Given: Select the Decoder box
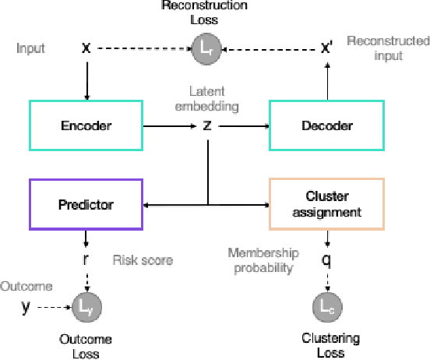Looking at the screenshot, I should (x=326, y=125).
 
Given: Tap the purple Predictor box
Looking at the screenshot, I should (x=86, y=205).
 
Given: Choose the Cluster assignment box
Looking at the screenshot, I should (x=326, y=205).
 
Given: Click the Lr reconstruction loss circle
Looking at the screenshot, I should (x=205, y=48).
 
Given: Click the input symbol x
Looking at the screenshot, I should (x=86, y=48).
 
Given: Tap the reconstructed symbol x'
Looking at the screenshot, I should (x=327, y=48).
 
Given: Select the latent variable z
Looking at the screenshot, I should (x=207, y=125).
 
